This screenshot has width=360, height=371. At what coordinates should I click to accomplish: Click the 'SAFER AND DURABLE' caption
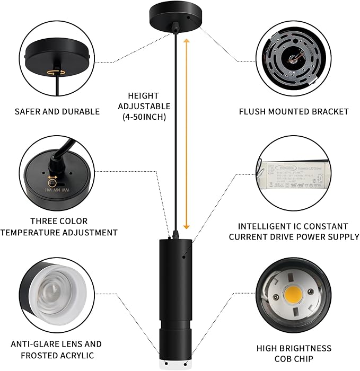pos(57,111)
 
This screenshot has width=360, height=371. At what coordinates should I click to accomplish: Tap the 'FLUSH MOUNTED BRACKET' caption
pos(294,111)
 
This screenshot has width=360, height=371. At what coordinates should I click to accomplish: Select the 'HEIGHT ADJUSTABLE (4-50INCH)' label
pos(143,106)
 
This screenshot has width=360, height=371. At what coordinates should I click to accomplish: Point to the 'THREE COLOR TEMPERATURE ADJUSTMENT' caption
pos(59,226)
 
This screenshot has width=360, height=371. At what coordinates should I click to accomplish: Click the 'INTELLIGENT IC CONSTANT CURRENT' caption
pos(294,232)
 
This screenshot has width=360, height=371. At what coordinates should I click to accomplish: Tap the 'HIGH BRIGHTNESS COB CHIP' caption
pos(294,354)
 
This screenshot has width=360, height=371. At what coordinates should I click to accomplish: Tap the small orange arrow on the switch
pos(52,179)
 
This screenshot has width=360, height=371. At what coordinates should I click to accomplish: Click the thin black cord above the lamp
pos(174,132)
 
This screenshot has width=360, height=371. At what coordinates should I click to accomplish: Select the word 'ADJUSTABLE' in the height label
pos(143,106)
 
